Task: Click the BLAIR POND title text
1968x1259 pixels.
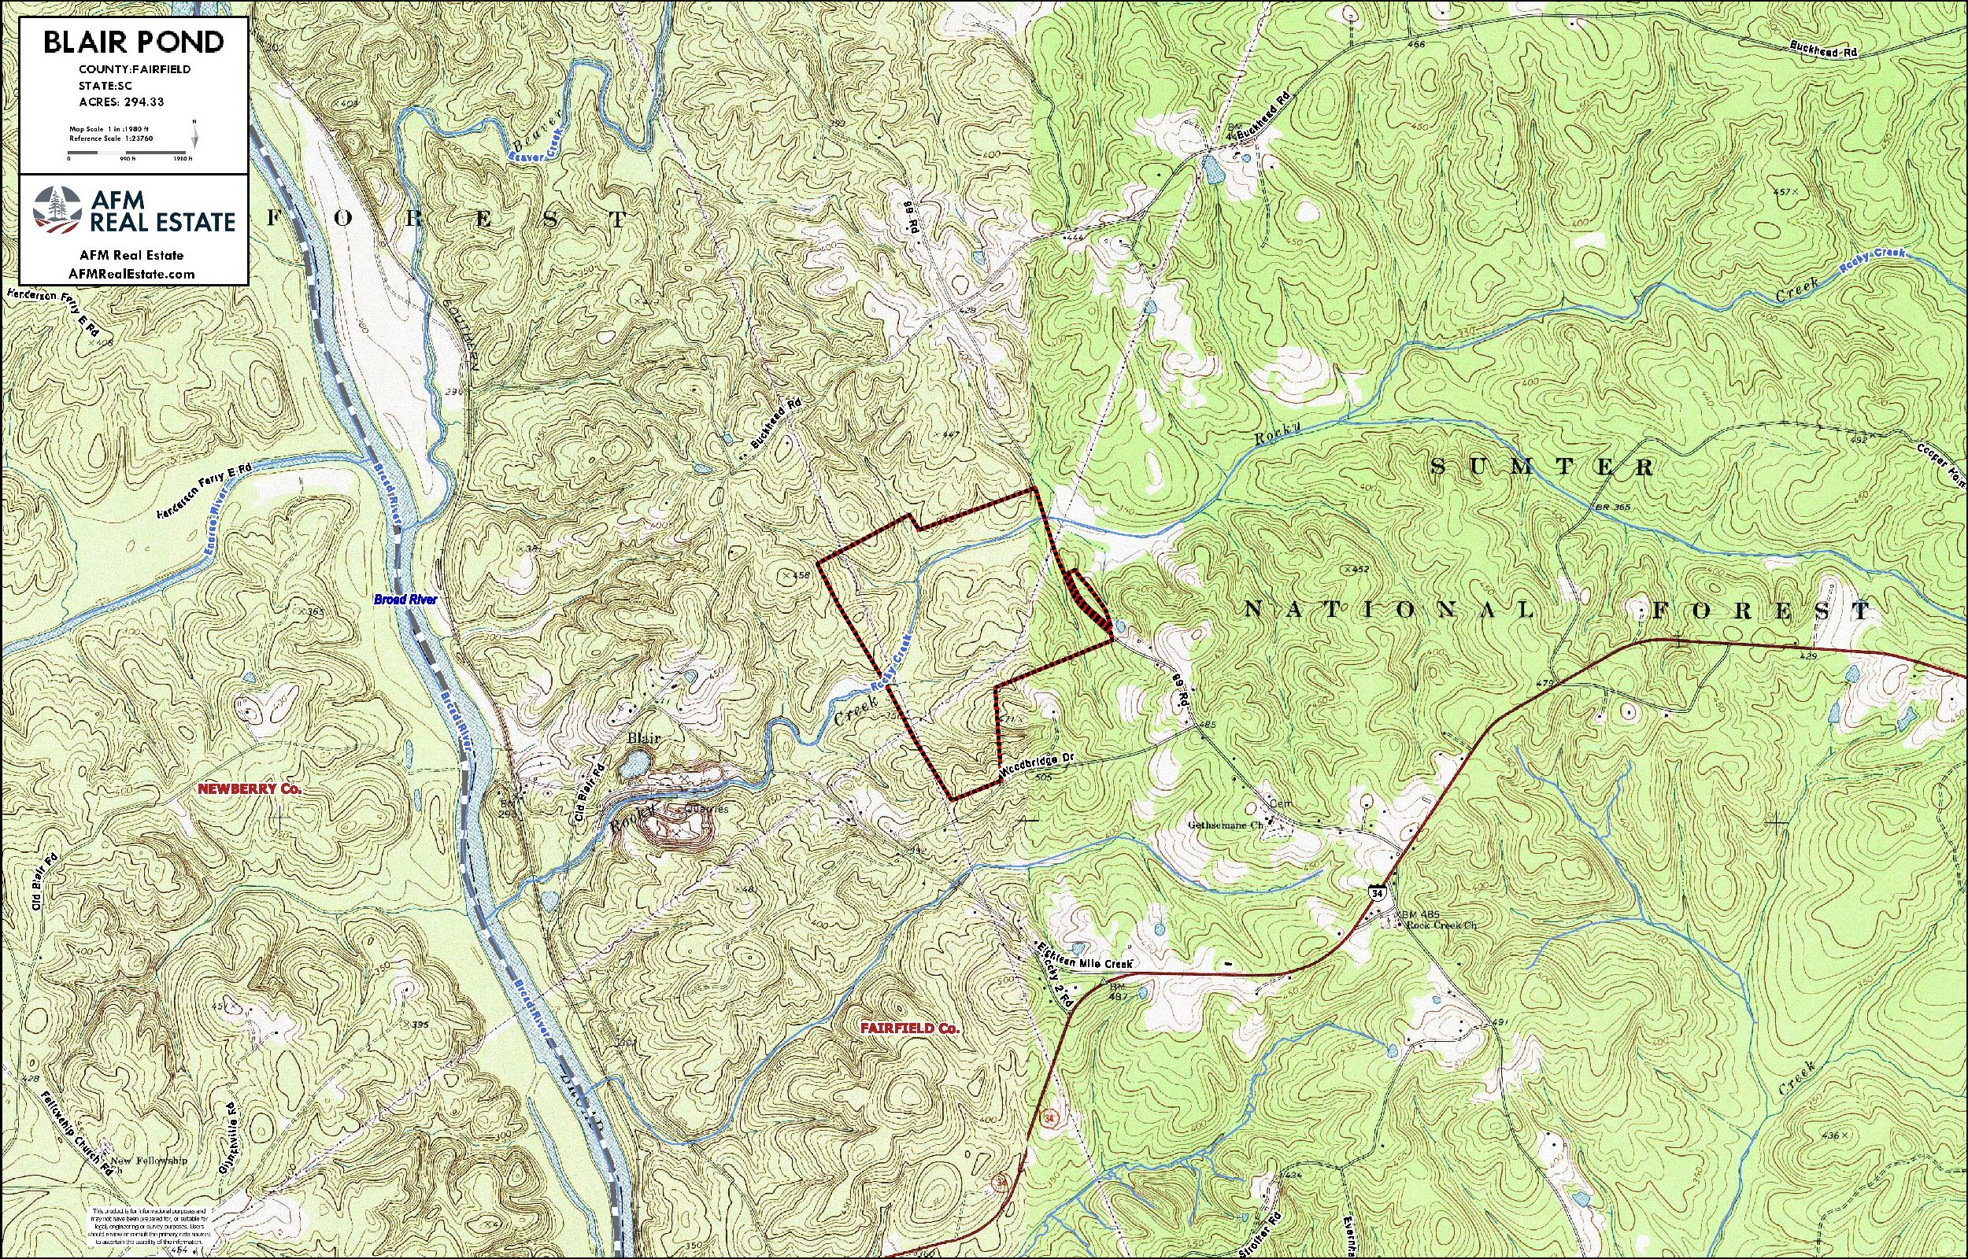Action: point(133,42)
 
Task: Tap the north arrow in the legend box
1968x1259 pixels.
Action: point(194,133)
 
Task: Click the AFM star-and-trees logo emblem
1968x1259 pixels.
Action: point(57,210)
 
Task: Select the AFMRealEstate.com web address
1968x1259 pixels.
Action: point(132,274)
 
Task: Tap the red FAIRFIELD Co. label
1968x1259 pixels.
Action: point(909,1028)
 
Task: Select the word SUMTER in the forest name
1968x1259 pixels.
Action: point(1542,466)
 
